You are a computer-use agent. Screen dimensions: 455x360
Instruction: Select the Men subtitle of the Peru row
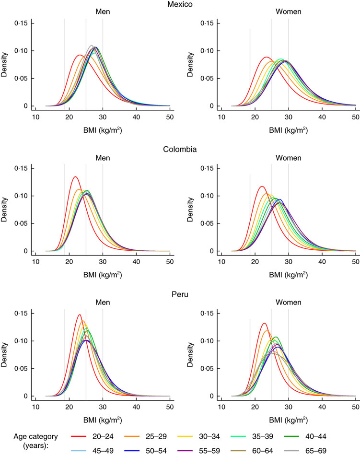(103, 303)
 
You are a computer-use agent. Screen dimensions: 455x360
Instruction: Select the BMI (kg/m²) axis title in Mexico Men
(103, 128)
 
